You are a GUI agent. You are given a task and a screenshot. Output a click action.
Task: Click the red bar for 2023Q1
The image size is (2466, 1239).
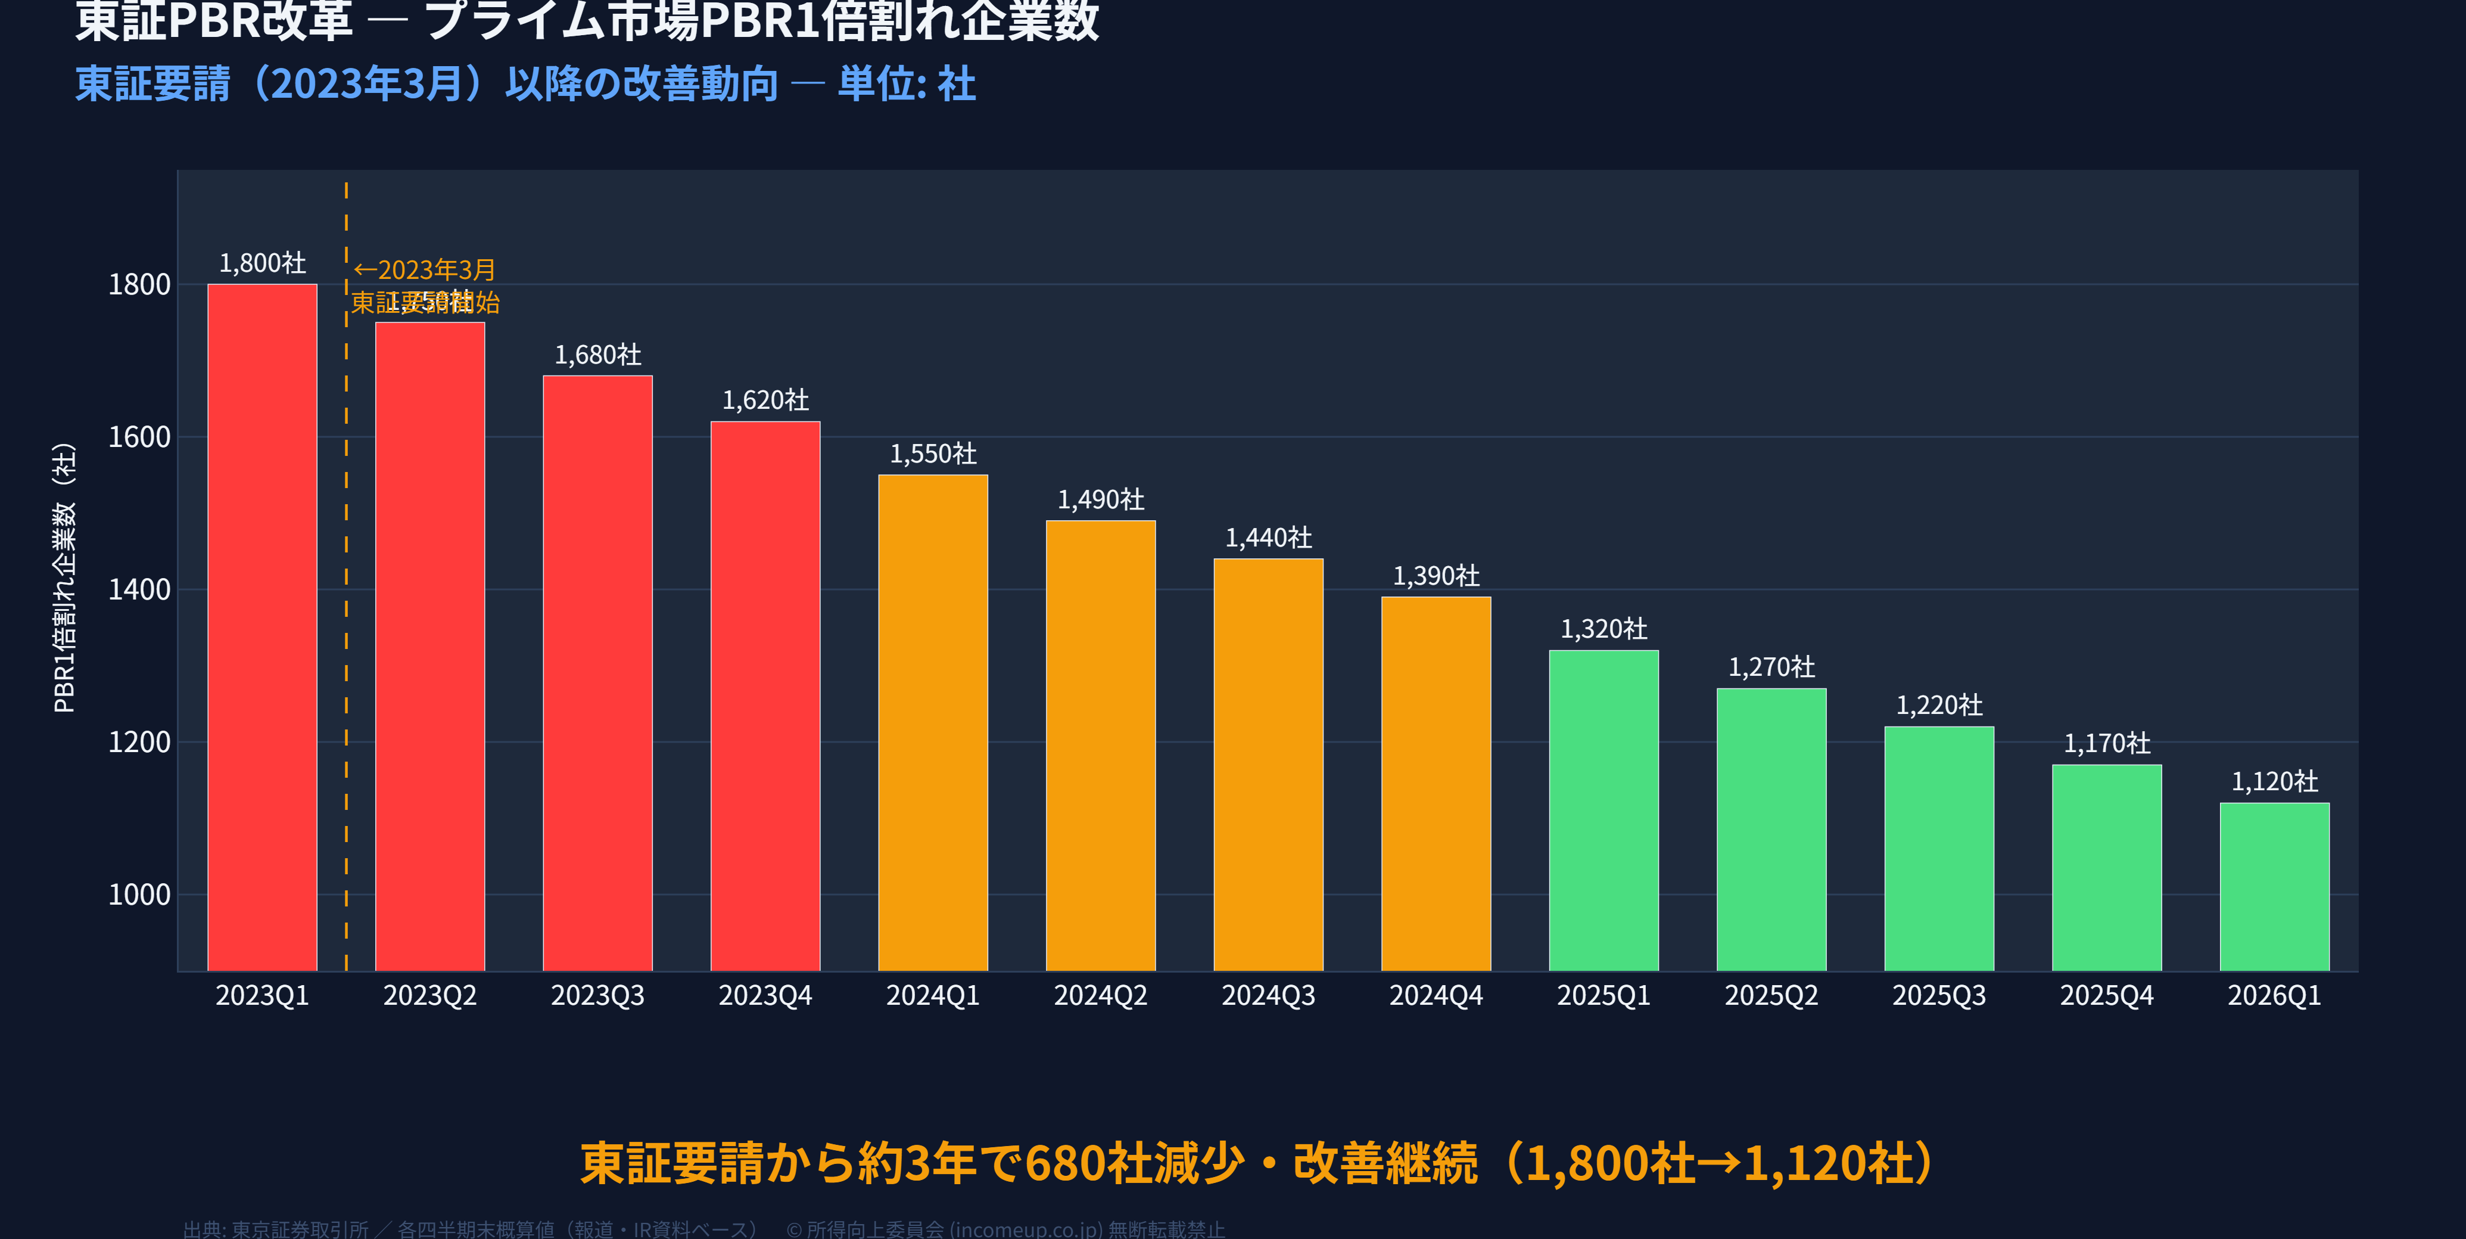click(x=262, y=627)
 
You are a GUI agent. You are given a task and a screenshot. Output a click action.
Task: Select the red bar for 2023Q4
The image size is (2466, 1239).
click(x=765, y=696)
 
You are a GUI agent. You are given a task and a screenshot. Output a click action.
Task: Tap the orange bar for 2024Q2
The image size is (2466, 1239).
click(x=1100, y=745)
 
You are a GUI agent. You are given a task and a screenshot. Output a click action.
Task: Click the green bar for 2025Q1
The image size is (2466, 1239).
click(x=1603, y=810)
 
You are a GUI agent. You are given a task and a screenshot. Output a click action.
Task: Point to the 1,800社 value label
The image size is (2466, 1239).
click(x=262, y=262)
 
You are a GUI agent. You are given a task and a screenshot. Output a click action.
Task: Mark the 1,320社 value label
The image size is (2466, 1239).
click(x=1603, y=629)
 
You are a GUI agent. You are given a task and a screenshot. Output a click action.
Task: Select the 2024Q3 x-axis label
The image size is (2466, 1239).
click(x=1268, y=996)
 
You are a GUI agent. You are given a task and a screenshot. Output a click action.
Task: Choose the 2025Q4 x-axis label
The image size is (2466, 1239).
click(x=2106, y=996)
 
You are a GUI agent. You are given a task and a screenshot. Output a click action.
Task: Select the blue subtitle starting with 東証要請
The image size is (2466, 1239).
click(x=525, y=84)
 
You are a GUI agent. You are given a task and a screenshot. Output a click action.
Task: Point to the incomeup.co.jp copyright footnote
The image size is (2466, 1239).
click(x=1005, y=1228)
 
